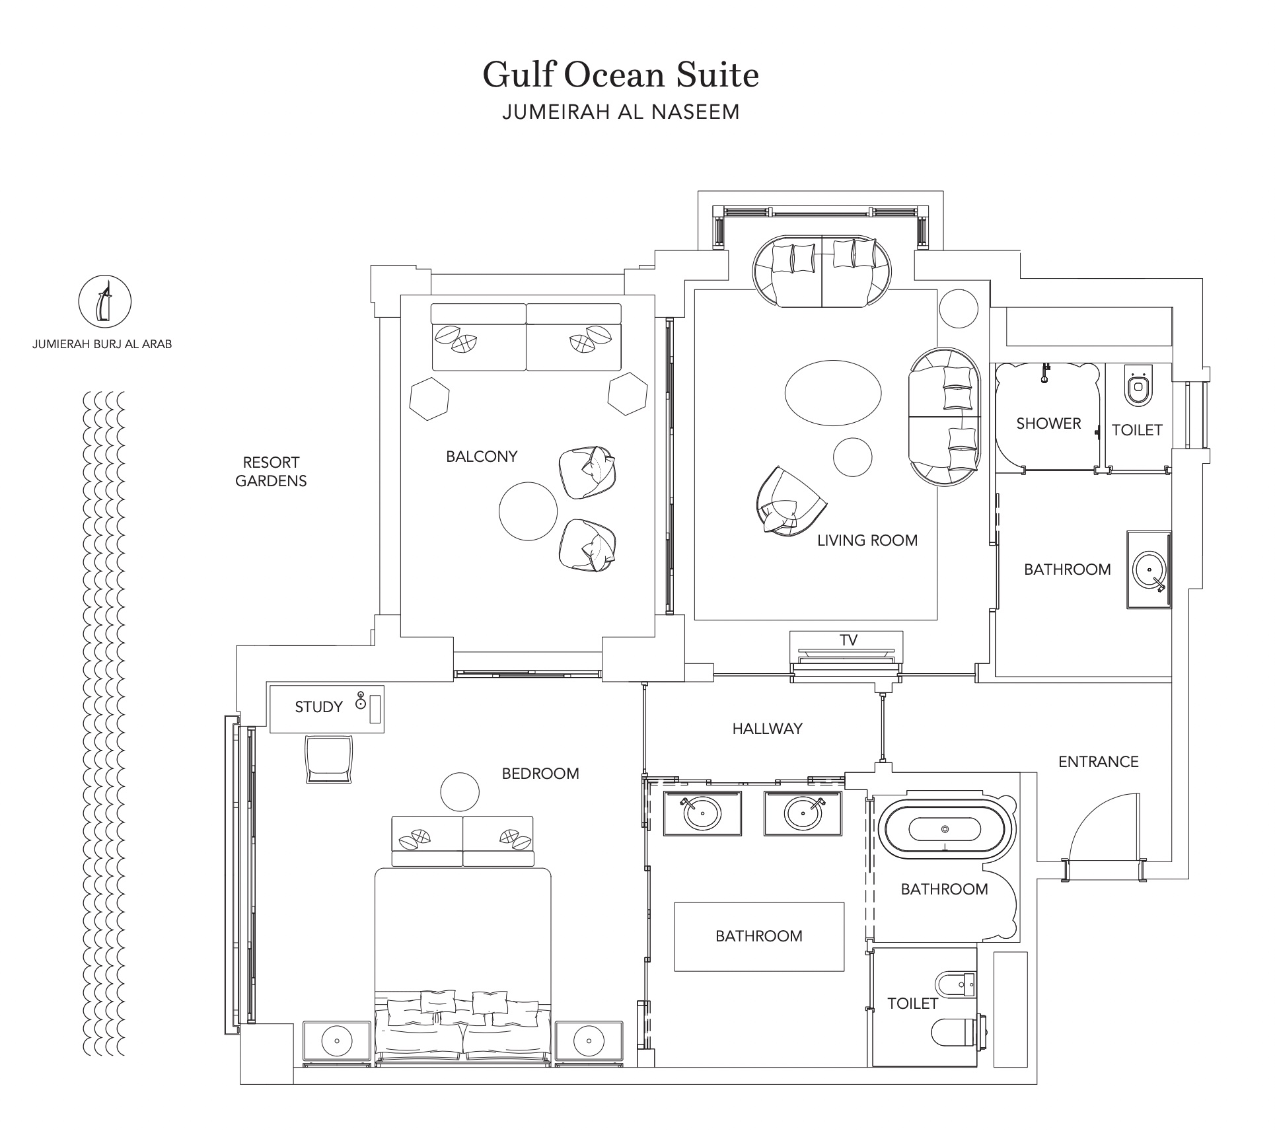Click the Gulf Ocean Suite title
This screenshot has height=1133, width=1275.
pyautogui.click(x=620, y=75)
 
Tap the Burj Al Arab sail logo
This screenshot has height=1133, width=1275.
pyautogui.click(x=105, y=302)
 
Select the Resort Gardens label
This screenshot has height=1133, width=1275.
pyautogui.click(x=271, y=472)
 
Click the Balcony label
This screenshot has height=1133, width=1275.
pyautogui.click(x=482, y=457)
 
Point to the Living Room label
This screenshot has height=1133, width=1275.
pyautogui.click(x=867, y=540)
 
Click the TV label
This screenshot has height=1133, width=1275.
pyautogui.click(x=848, y=640)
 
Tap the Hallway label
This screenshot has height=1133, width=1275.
pyautogui.click(x=767, y=729)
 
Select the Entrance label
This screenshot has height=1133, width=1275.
pyautogui.click(x=1099, y=762)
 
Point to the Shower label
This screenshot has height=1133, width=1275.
pyautogui.click(x=1048, y=423)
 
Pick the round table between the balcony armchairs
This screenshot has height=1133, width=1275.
pyautogui.click(x=528, y=511)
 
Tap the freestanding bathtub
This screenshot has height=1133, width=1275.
pyautogui.click(x=945, y=829)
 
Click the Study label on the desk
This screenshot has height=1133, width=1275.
pyautogui.click(x=318, y=707)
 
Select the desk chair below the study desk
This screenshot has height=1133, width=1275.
pyautogui.click(x=329, y=760)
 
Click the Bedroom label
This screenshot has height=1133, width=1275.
pyautogui.click(x=540, y=774)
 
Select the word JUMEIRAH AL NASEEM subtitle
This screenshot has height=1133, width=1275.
pyautogui.click(x=620, y=112)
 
